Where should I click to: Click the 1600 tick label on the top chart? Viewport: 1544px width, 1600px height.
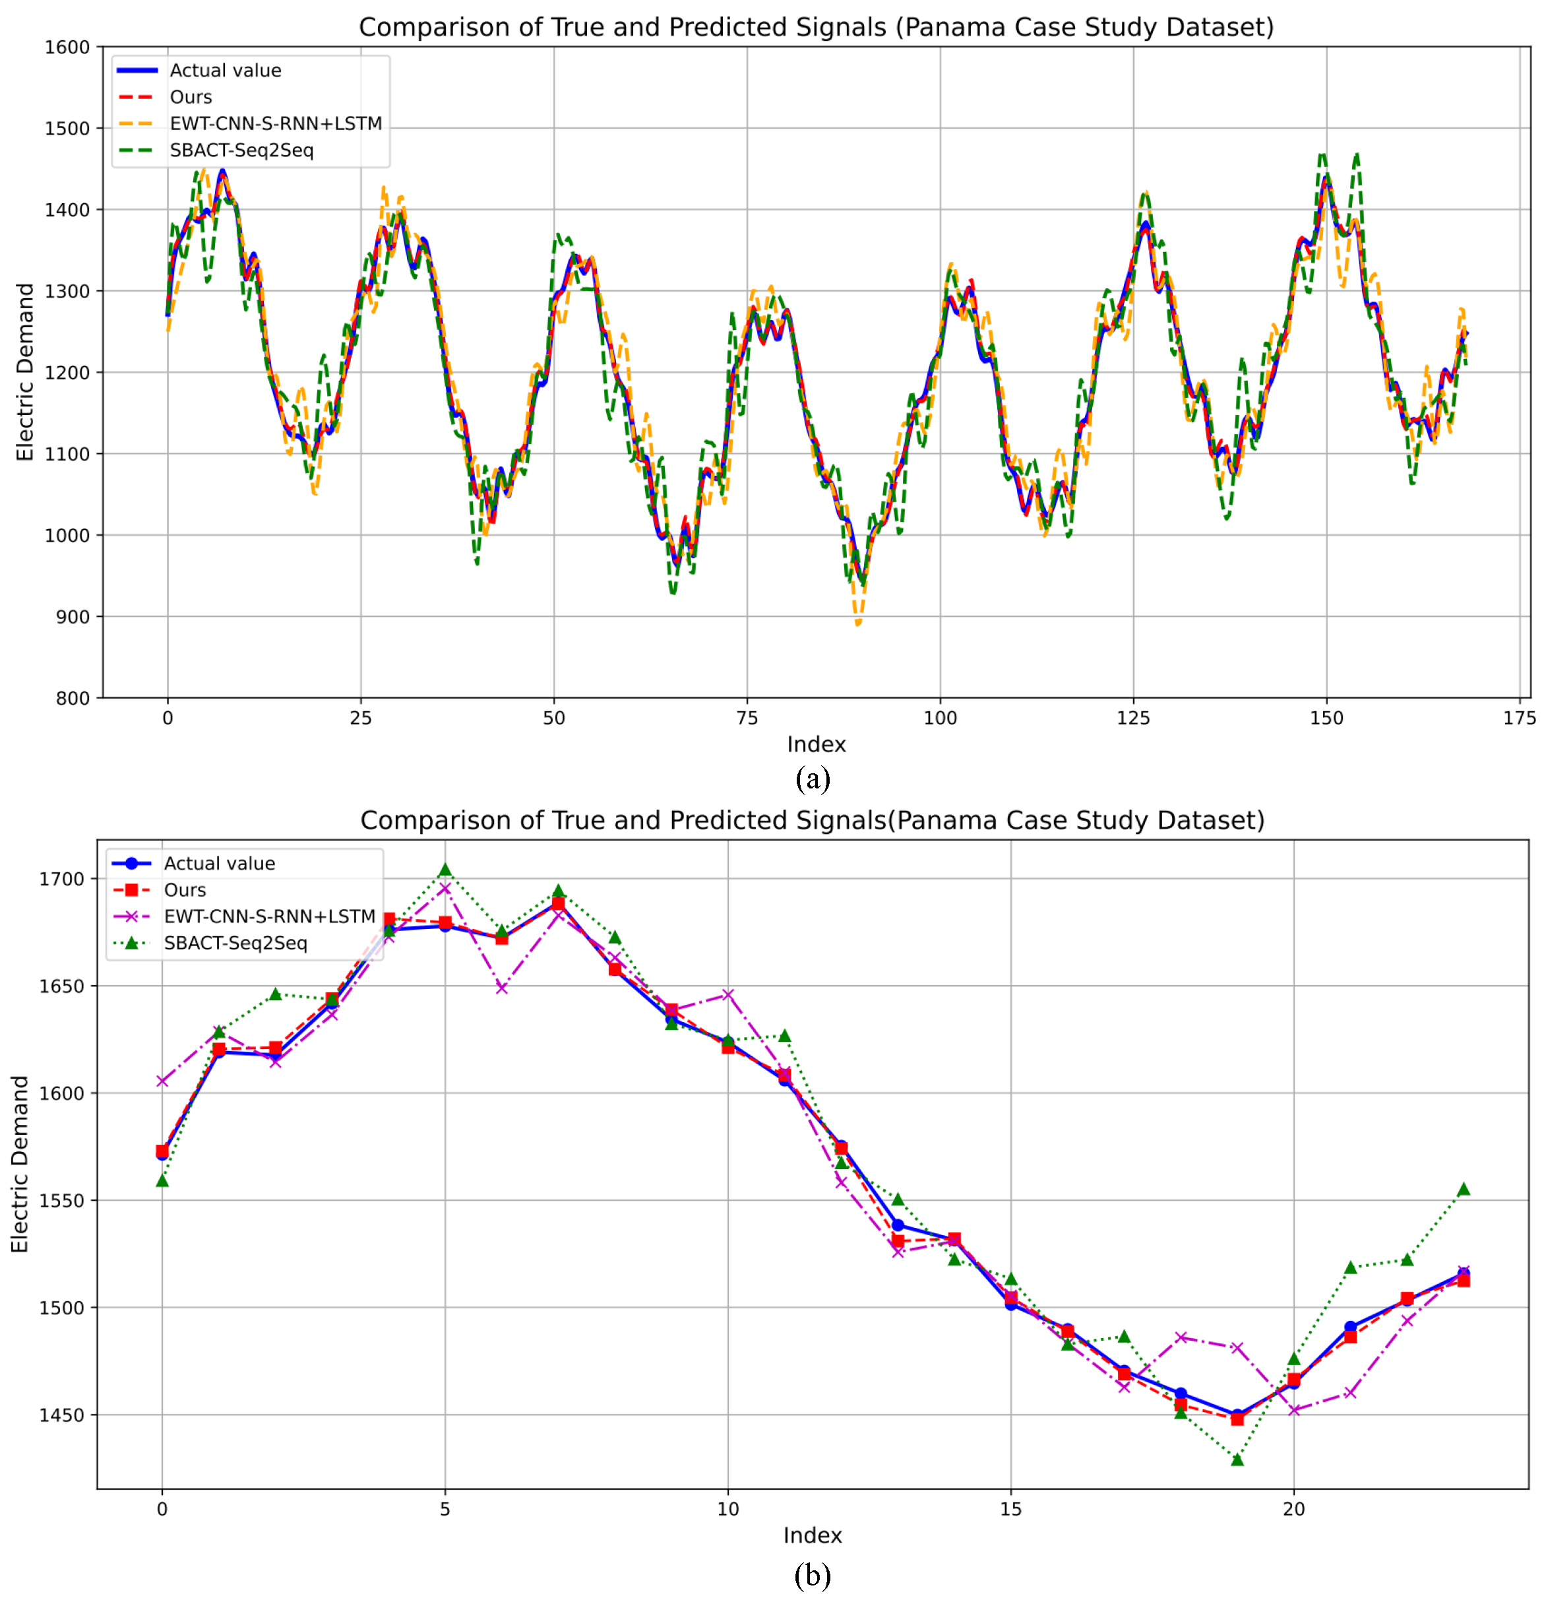point(66,48)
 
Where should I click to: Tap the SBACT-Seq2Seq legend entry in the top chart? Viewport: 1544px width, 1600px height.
point(241,150)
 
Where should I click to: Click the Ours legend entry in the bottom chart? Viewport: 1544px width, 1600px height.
point(185,890)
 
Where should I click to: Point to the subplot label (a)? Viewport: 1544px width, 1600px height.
point(812,778)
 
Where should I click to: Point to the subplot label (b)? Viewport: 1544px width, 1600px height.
point(812,1575)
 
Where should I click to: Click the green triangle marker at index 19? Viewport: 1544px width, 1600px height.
point(1237,1459)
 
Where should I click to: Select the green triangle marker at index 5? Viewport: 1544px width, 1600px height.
point(445,870)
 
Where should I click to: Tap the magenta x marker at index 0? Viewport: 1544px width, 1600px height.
point(162,1081)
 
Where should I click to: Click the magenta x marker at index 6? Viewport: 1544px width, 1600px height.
point(502,988)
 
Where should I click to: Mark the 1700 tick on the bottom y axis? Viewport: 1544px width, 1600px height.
point(61,880)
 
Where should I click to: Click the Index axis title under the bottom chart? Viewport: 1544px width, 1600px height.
point(812,1535)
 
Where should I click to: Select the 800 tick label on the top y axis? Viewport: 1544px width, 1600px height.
point(72,698)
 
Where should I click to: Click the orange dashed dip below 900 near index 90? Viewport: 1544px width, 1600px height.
point(857,624)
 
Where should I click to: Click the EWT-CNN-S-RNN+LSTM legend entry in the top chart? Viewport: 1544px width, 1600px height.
point(275,123)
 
